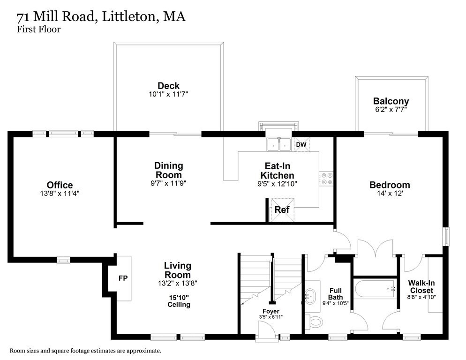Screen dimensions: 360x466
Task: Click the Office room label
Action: (60, 185)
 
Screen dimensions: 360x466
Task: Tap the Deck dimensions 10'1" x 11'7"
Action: (168, 94)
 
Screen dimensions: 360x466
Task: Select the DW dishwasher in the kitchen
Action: (301, 145)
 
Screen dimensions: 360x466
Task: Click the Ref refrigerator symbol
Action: (282, 210)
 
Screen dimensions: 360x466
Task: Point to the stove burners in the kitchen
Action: (326, 179)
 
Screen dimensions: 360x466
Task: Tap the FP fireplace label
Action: (123, 278)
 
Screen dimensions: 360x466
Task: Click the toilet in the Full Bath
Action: (316, 322)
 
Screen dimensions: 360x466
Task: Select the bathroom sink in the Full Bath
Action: (311, 296)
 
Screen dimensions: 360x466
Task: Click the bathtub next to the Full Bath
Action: (376, 290)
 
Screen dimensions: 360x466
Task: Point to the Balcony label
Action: (391, 101)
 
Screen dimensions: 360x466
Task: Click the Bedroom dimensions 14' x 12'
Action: (390, 194)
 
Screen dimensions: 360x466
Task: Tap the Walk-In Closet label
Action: (421, 286)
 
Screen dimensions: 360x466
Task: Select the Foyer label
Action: (271, 311)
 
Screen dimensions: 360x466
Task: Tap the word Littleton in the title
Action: (127, 17)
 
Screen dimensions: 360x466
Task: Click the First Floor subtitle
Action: (38, 30)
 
